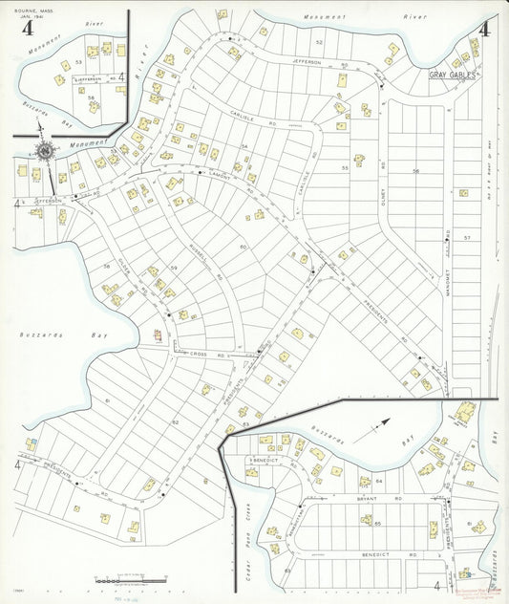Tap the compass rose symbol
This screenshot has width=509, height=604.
pyautogui.click(x=45, y=150)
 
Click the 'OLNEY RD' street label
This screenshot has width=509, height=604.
pyautogui.click(x=381, y=171)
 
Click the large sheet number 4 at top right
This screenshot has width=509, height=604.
pyautogui.click(x=484, y=28)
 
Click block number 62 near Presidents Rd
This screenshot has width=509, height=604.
pyautogui.click(x=175, y=421)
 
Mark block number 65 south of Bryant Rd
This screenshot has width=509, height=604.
pyautogui.click(x=377, y=525)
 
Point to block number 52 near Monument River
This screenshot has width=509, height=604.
pyautogui.click(x=320, y=43)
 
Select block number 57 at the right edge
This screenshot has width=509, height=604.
pyautogui.click(x=467, y=236)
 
